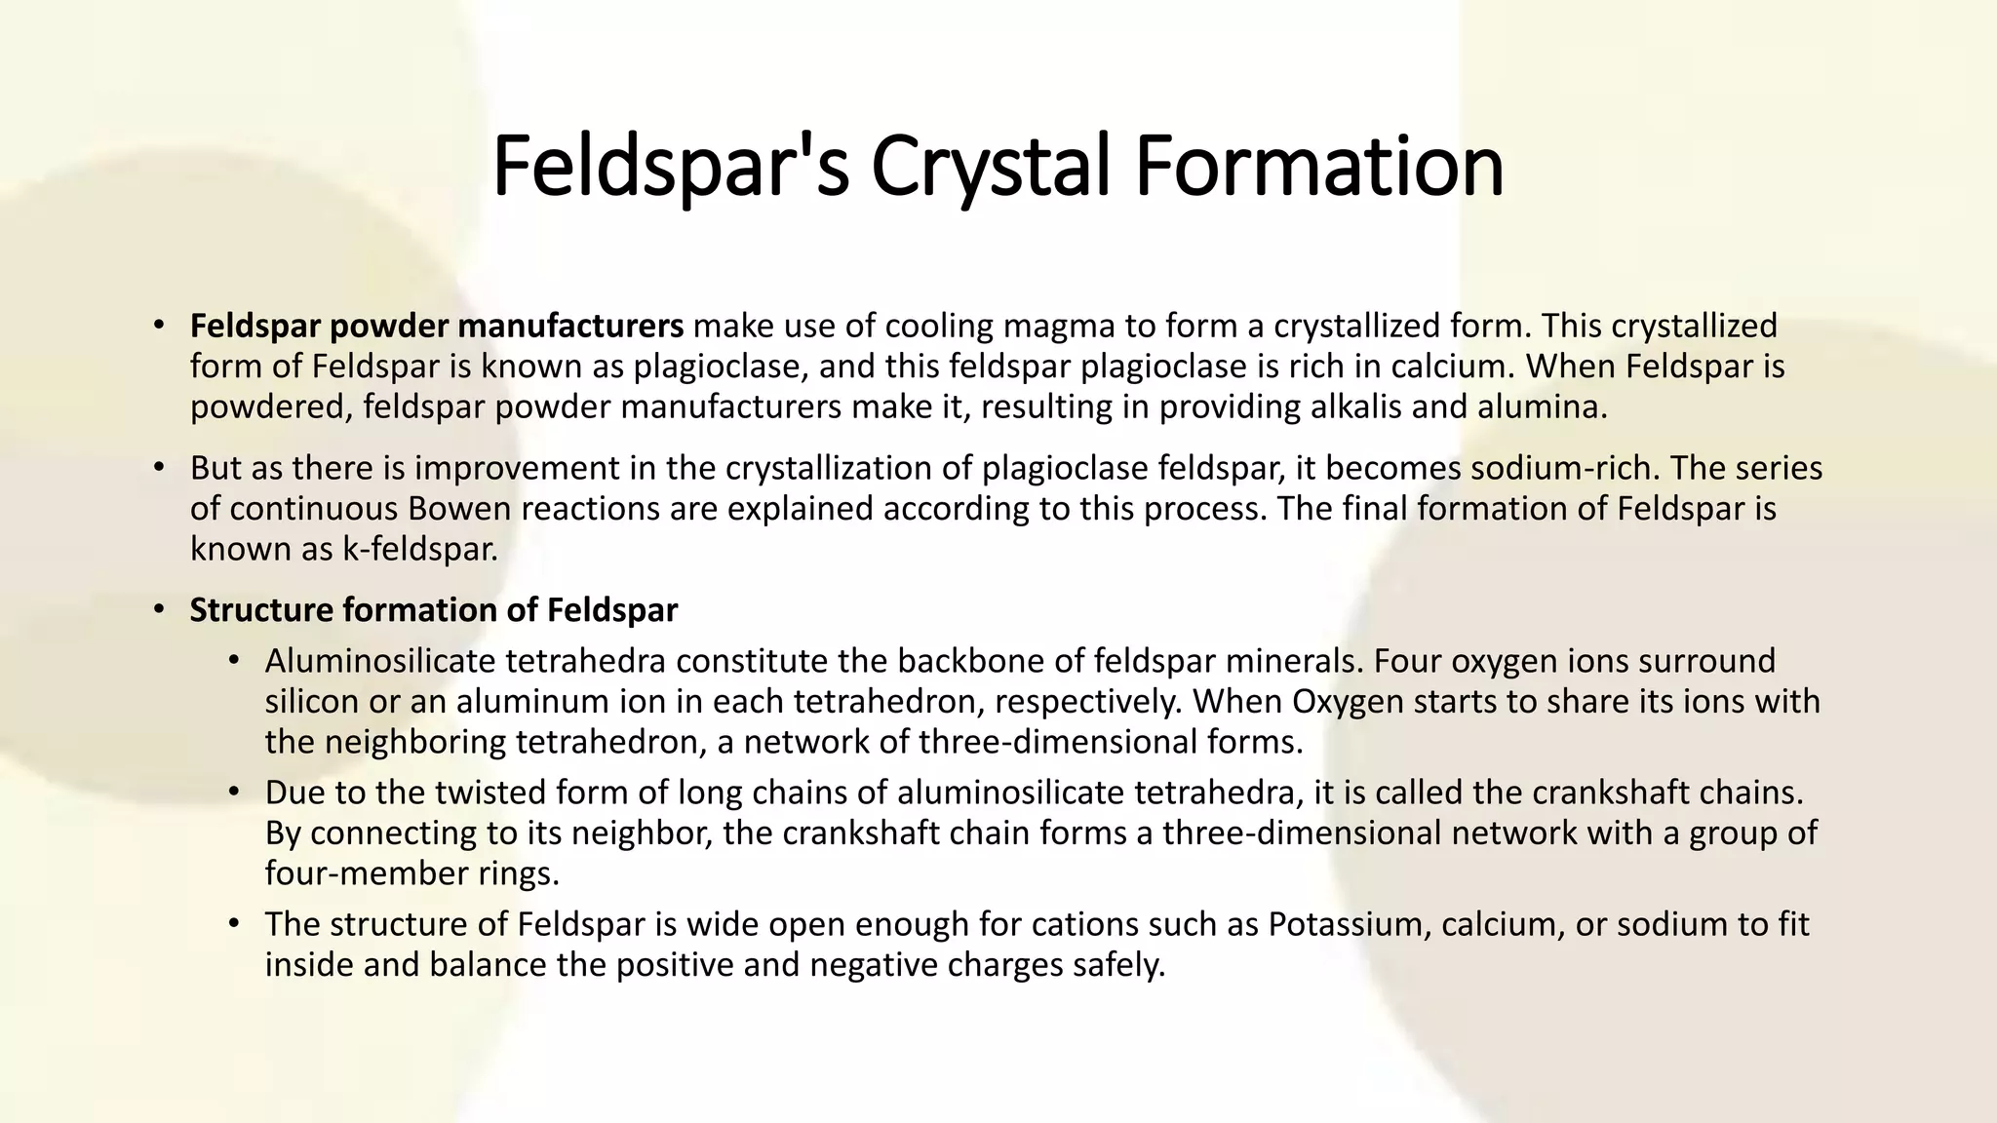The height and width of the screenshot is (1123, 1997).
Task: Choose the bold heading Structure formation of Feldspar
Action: click(x=433, y=610)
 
